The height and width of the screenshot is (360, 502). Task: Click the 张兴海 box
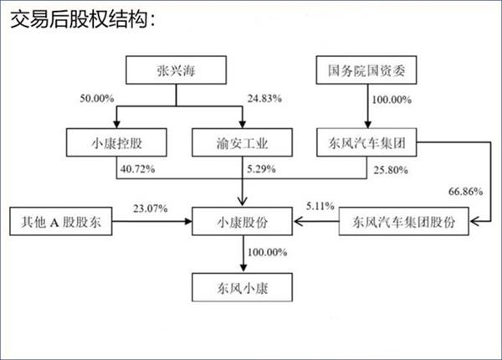point(176,70)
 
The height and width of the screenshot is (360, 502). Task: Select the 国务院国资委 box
point(366,70)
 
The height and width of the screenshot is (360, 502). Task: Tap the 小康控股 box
point(116,142)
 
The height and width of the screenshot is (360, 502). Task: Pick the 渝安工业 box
point(242,142)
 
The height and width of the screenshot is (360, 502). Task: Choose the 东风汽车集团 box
point(366,142)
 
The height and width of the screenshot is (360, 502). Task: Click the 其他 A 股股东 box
point(61,221)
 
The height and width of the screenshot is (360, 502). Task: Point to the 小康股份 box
point(242,221)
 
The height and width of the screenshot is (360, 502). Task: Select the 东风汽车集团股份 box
point(404,221)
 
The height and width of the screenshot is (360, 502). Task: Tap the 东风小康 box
point(242,287)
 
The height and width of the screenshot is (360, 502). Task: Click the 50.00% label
point(97,98)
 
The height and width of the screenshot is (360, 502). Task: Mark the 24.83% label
point(264,98)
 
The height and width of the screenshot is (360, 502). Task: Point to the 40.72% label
point(138,169)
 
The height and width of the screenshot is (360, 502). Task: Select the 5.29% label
point(261,169)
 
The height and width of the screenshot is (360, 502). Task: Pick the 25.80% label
point(391,170)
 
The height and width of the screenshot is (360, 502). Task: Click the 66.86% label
point(465,192)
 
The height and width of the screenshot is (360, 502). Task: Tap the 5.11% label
point(320,206)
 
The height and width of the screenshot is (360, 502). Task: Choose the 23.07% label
point(151,208)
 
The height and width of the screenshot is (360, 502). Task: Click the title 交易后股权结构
point(83,18)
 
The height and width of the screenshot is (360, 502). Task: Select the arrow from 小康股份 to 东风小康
point(243,254)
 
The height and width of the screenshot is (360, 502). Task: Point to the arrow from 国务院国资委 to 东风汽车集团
point(367,106)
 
